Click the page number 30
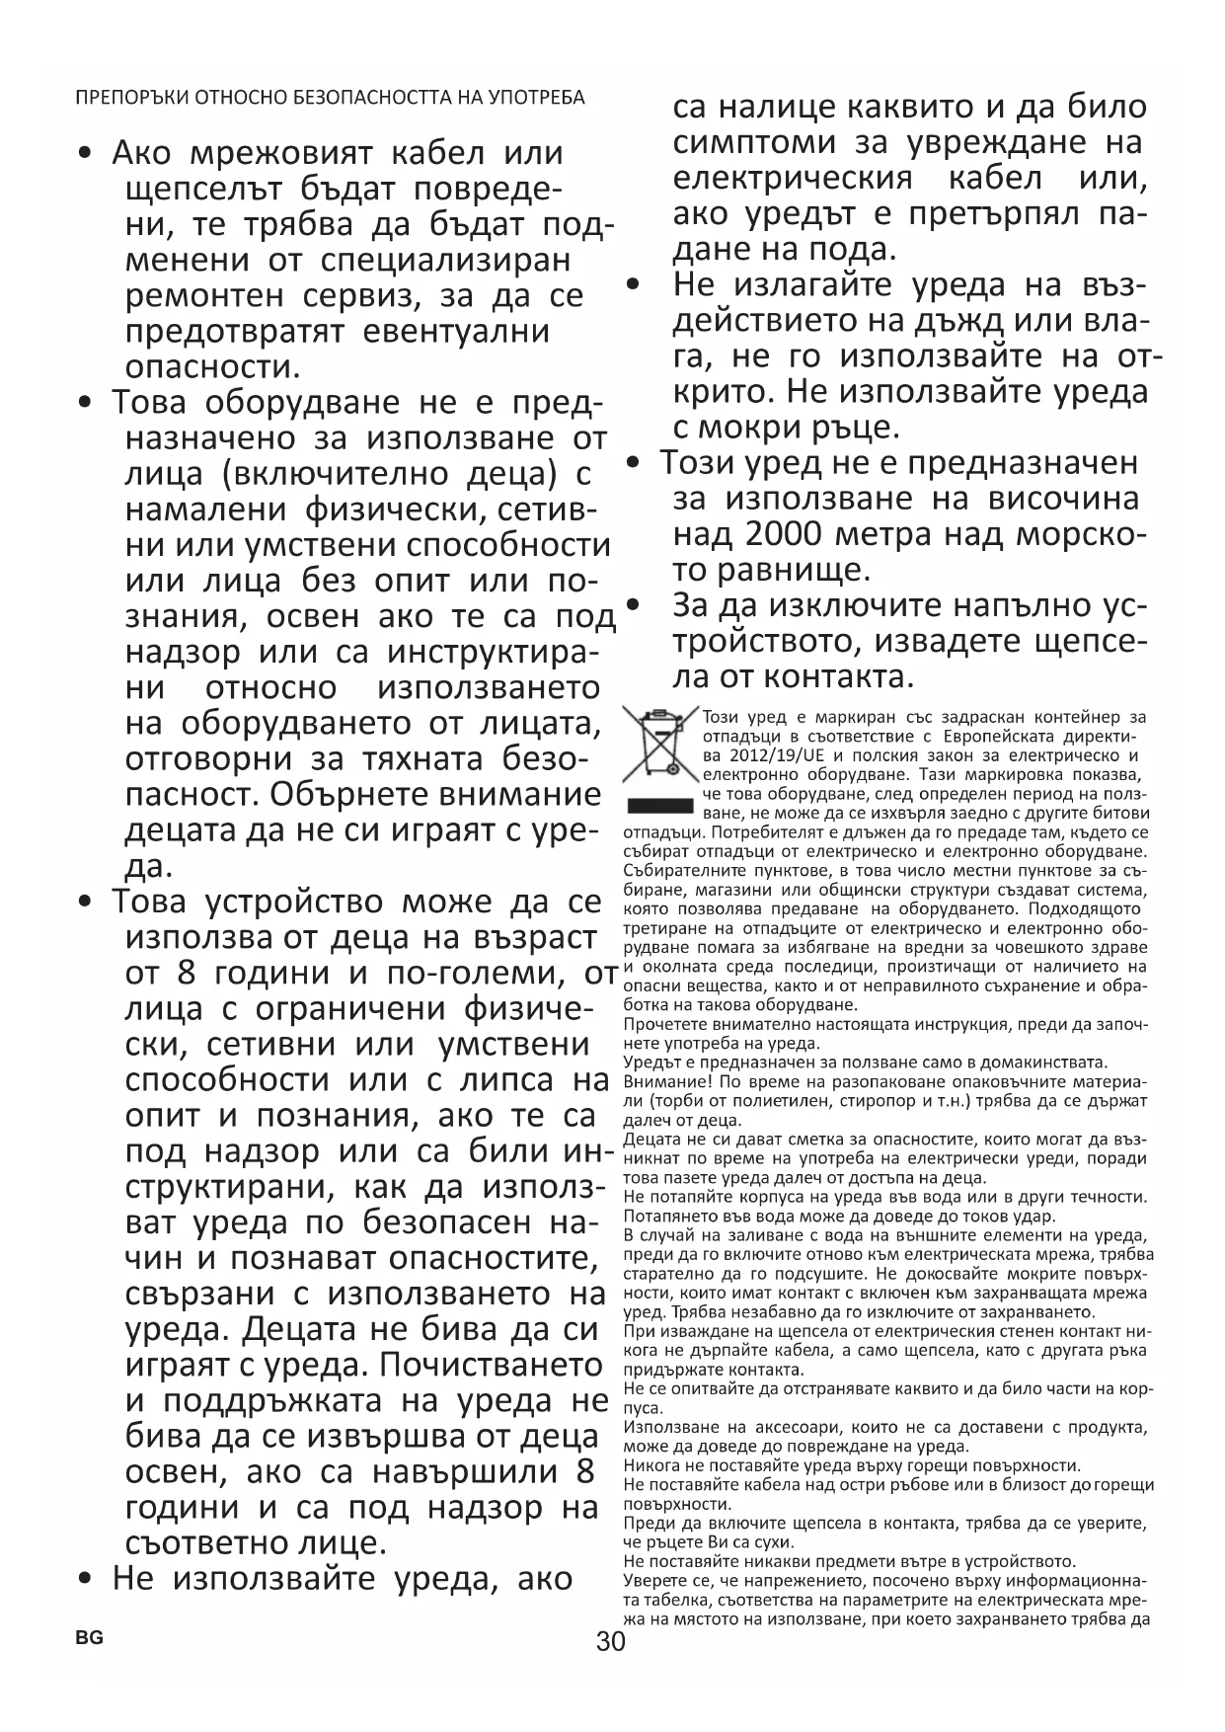point(611,1642)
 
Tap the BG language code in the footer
point(89,1637)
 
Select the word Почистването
point(492,1366)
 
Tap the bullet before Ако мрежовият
point(87,154)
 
